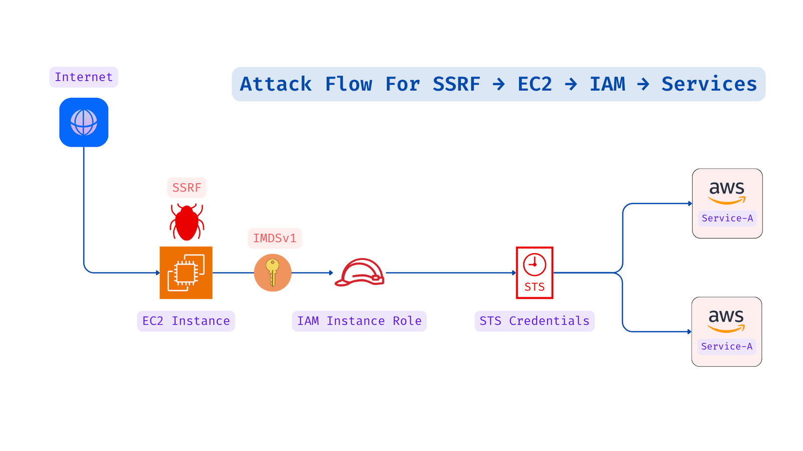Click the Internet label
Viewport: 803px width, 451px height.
83,77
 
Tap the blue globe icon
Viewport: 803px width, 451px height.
84,122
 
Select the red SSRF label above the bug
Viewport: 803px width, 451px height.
187,188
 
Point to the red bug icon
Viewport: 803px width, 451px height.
187,222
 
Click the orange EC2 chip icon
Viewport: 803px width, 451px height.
186,273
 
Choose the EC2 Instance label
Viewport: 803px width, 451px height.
186,321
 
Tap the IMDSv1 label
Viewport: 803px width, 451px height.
275,238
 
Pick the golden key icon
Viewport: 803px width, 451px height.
273,273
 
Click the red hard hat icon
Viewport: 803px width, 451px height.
360,273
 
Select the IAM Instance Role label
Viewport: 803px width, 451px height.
359,321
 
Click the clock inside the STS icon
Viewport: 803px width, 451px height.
534,264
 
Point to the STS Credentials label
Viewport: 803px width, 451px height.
534,321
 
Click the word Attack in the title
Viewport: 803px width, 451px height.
276,84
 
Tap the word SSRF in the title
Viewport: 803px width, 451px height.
456,84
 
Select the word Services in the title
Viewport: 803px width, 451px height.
709,84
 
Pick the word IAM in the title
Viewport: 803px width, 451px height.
607,84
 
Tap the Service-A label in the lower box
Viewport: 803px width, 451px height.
727,346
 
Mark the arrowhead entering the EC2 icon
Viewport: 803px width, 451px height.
158,273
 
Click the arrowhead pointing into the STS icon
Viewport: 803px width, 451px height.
514,273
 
